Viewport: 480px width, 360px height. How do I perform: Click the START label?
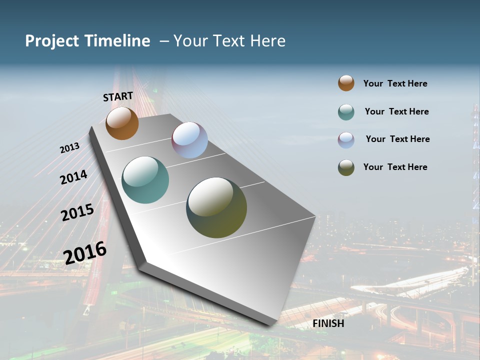click(118, 96)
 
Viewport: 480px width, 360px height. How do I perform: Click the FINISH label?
click(328, 323)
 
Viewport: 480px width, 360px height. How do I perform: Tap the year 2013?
click(69, 148)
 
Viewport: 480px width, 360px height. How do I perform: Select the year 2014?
click(73, 177)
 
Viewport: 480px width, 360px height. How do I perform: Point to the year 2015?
click(77, 212)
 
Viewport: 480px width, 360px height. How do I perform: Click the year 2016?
click(85, 252)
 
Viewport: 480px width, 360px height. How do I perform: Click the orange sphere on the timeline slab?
click(122, 123)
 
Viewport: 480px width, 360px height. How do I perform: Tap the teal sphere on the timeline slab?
click(145, 180)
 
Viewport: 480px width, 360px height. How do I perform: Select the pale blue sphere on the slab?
click(189, 140)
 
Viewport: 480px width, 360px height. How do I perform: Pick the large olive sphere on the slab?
click(216, 207)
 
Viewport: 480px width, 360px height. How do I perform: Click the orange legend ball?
click(346, 83)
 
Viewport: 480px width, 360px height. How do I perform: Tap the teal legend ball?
click(346, 112)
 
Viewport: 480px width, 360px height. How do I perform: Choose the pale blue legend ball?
click(346, 139)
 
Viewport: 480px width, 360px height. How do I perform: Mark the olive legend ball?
click(346, 167)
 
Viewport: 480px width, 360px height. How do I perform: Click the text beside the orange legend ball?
click(395, 83)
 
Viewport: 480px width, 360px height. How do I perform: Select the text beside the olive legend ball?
click(395, 167)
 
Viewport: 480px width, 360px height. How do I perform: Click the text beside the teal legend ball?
click(396, 111)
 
